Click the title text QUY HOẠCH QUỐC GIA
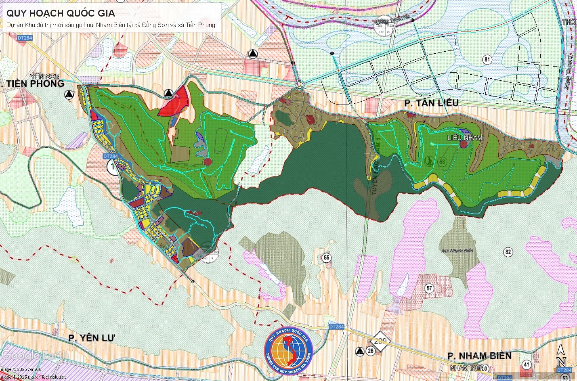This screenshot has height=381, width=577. [x=61, y=13]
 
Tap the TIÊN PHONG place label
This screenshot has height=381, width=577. [x=35, y=84]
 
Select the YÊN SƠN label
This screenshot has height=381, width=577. [x=45, y=76]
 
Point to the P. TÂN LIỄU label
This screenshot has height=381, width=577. [x=431, y=103]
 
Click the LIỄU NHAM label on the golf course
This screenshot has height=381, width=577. [x=464, y=138]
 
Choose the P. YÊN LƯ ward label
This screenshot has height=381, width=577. [x=92, y=338]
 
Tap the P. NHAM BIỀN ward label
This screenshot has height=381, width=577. [x=479, y=356]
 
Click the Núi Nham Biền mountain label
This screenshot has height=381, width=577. [x=457, y=251]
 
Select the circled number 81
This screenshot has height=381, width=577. [x=487, y=60]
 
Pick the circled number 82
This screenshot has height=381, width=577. [x=508, y=252]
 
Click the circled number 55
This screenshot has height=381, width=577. [x=326, y=257]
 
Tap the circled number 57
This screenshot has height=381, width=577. [x=429, y=288]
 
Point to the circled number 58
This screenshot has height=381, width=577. [x=442, y=162]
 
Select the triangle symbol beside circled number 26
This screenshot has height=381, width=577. [x=359, y=351]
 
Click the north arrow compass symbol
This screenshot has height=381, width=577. [x=561, y=356]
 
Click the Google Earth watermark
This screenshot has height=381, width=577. [x=34, y=355]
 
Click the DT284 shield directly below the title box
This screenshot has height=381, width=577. [x=25, y=38]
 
